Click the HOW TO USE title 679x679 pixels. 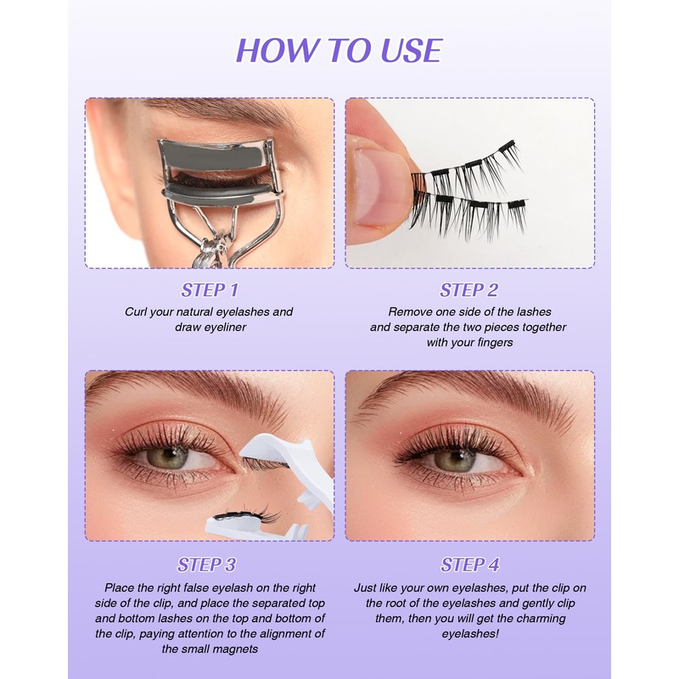click(339, 51)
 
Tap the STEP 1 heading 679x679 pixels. click(210, 290)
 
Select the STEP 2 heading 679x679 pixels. click(469, 290)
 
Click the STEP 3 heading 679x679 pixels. click(206, 564)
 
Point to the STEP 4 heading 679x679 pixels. click(470, 564)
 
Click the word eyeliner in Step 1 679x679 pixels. click(222, 328)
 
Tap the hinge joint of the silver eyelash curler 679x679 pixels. click(216, 248)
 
